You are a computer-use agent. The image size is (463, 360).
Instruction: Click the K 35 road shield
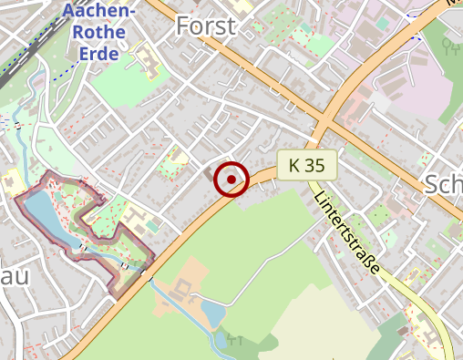tap(307, 165)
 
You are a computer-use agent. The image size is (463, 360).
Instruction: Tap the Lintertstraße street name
tap(346, 237)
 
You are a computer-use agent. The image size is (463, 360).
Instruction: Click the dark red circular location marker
tap(231, 180)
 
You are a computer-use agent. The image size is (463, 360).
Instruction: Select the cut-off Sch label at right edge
tap(443, 184)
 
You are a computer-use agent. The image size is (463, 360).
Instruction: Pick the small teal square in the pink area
tap(383, 23)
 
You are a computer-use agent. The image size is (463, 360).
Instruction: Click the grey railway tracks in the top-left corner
tap(13, 68)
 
